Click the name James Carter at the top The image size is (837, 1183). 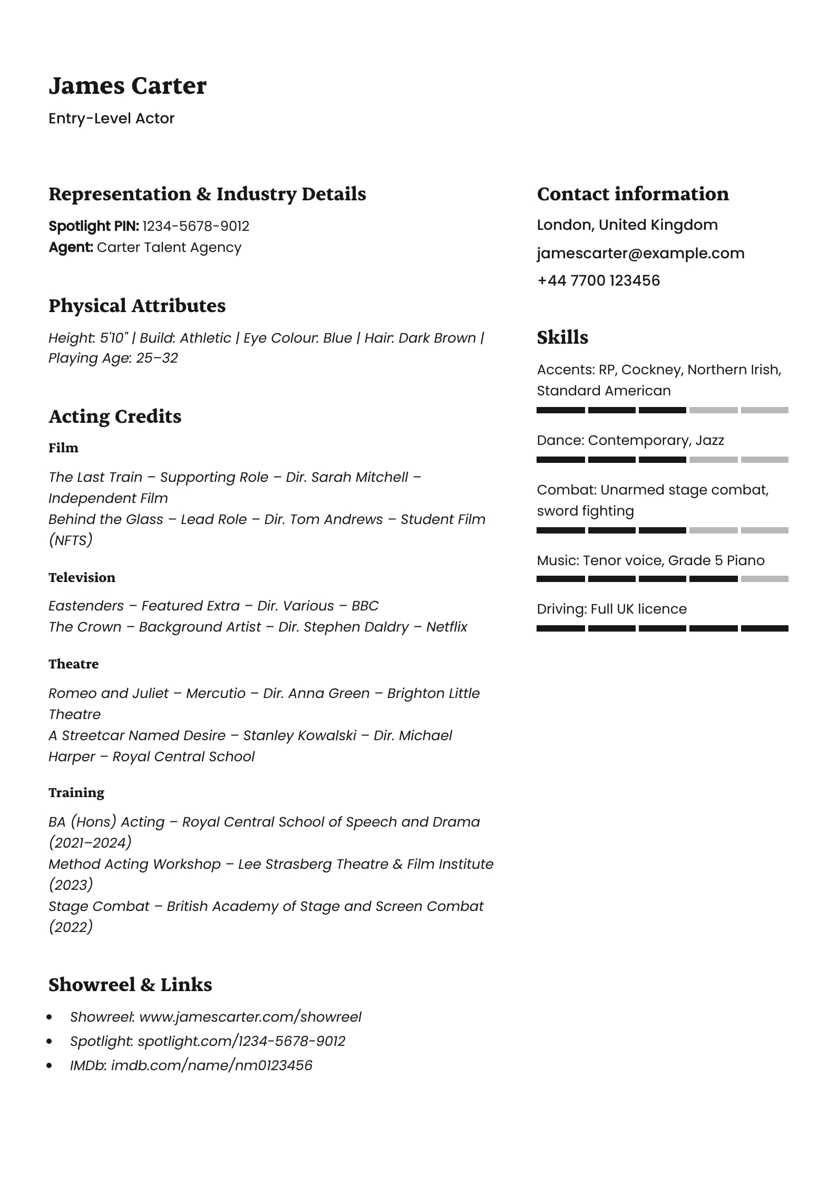pos(127,86)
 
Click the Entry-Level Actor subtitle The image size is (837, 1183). pos(111,119)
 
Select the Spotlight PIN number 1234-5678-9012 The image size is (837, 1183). pos(196,226)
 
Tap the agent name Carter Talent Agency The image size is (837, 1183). pos(169,248)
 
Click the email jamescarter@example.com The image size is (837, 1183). pos(640,254)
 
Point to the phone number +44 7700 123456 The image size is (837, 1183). pos(598,280)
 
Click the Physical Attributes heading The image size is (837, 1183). pos(137,306)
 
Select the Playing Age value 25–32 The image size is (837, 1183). pos(157,358)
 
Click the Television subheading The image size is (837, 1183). pos(82,578)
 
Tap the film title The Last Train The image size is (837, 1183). pos(95,478)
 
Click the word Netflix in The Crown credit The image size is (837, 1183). pos(446,627)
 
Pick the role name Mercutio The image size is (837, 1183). pos(216,694)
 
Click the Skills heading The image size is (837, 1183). pos(562,338)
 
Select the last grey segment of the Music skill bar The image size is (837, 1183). pos(764,579)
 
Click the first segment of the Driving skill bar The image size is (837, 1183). pos(560,628)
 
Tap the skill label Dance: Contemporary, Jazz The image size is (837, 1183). pos(630,441)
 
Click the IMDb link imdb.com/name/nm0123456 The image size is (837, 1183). pos(211,1065)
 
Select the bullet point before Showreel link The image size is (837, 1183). pos(50,1017)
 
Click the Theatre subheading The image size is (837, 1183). pos(73,664)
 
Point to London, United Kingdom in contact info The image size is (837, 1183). pos(627,225)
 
